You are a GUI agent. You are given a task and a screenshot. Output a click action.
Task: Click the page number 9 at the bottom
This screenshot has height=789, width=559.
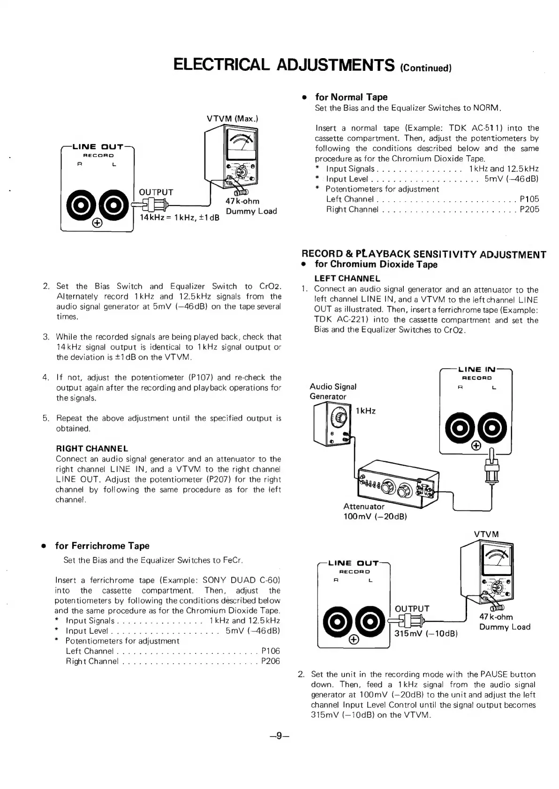point(279,736)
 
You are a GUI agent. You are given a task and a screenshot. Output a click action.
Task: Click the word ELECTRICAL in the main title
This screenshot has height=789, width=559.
point(221,64)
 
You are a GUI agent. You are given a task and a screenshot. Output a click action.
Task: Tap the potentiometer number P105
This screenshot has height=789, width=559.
point(529,199)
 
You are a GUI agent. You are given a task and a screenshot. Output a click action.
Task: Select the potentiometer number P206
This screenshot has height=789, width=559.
point(271,661)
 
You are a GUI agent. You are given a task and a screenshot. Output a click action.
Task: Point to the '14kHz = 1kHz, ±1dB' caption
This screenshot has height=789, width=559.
point(180,218)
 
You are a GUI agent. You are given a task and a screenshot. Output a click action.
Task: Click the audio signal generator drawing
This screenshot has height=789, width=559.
point(331,425)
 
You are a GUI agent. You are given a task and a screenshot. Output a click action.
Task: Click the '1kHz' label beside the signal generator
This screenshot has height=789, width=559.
point(366,411)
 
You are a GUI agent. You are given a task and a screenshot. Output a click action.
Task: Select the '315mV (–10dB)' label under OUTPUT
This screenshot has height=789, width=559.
point(426,634)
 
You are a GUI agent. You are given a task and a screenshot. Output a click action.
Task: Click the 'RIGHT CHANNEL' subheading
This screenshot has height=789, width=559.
point(92,448)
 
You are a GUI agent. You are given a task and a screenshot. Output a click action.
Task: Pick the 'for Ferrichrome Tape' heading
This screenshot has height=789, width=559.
point(102,546)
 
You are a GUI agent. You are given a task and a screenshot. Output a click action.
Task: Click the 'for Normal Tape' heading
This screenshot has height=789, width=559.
point(351,97)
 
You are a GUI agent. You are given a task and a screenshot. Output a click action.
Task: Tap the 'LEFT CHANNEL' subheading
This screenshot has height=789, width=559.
point(347,278)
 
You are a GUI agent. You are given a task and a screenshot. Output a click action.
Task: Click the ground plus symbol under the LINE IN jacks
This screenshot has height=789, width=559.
point(476,446)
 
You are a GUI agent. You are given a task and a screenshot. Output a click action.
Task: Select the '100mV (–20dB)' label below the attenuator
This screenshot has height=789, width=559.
point(375,516)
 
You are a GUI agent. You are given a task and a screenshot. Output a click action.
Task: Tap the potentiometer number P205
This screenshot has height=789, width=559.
point(529,209)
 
